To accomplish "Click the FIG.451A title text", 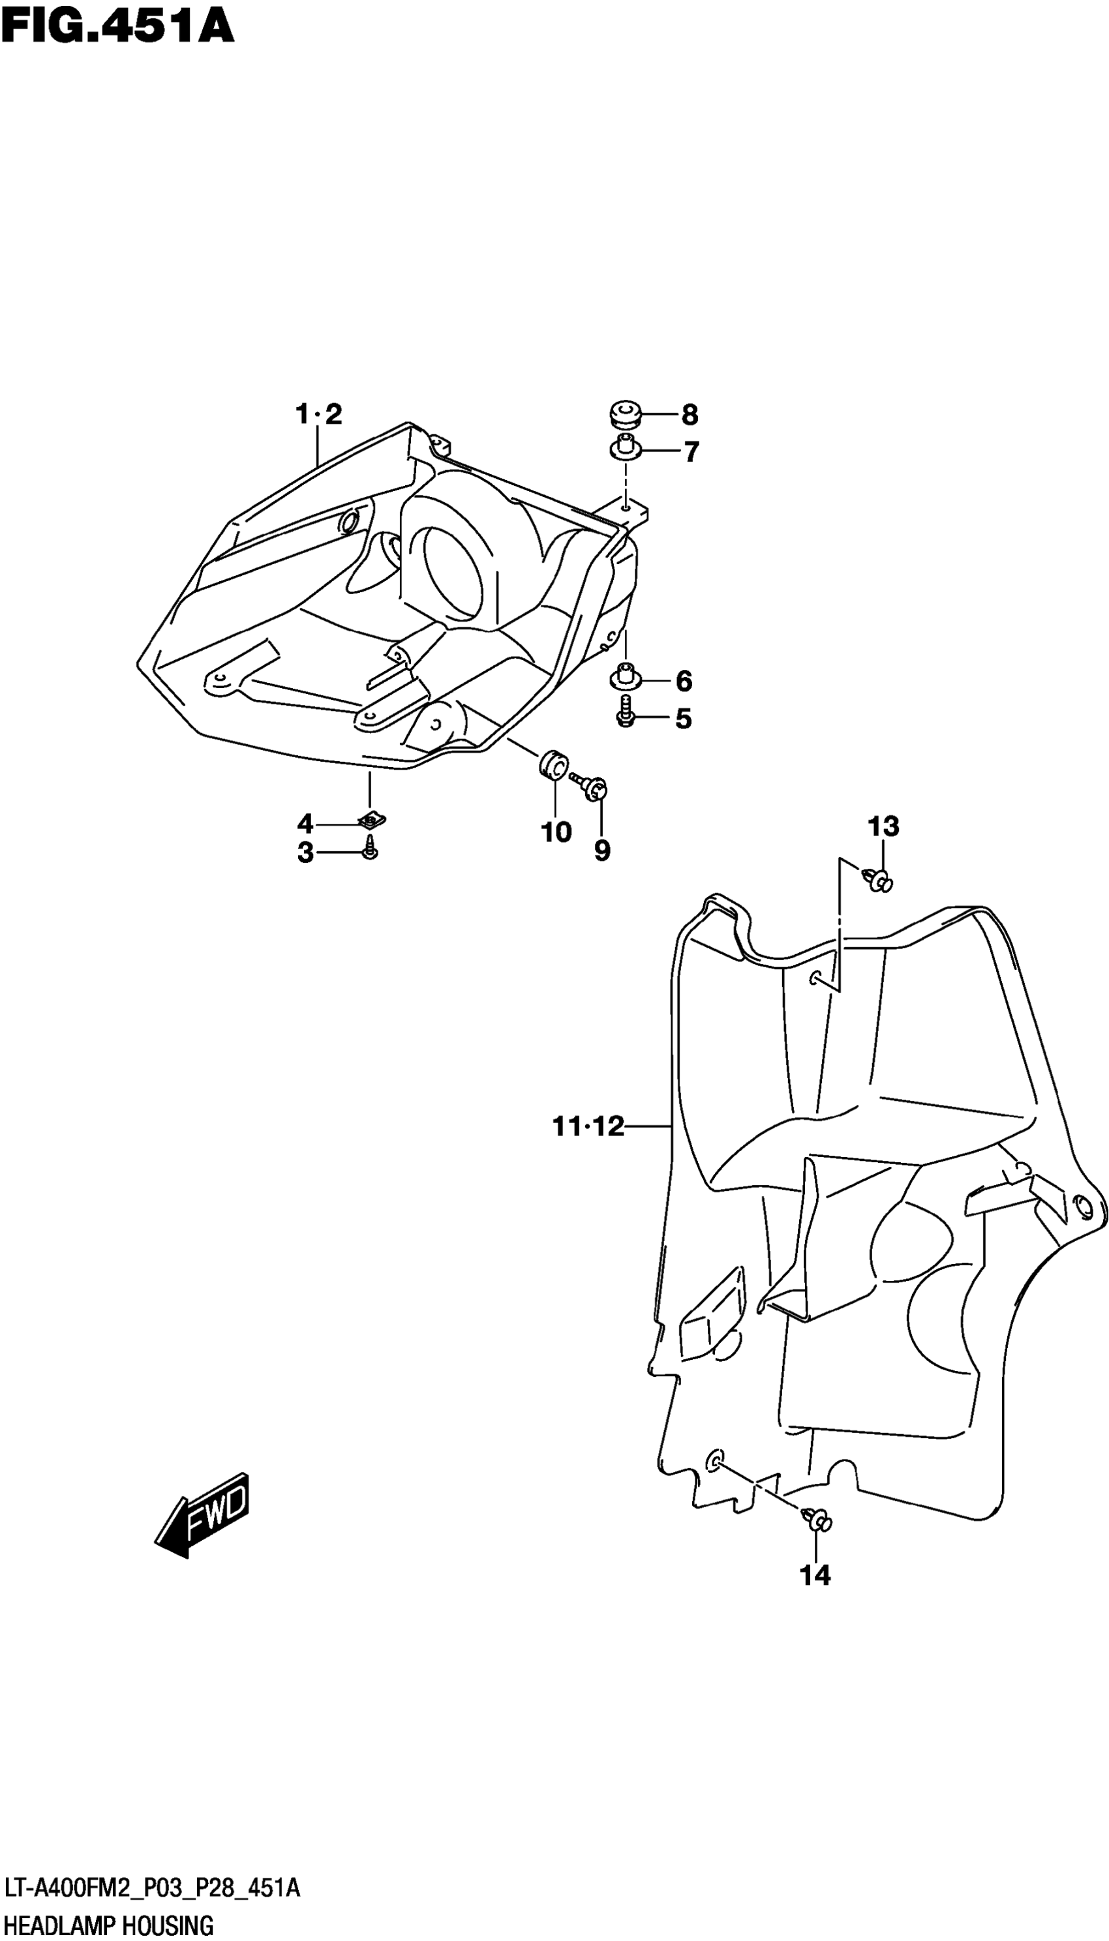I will tap(117, 28).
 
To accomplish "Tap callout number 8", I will tap(690, 415).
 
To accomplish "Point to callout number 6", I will tap(683, 681).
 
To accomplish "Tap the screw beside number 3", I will tap(370, 847).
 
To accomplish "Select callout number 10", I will tap(556, 832).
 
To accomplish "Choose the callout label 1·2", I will tap(318, 415).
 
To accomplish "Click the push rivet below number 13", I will tap(878, 881).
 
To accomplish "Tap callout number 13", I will tap(883, 826).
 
